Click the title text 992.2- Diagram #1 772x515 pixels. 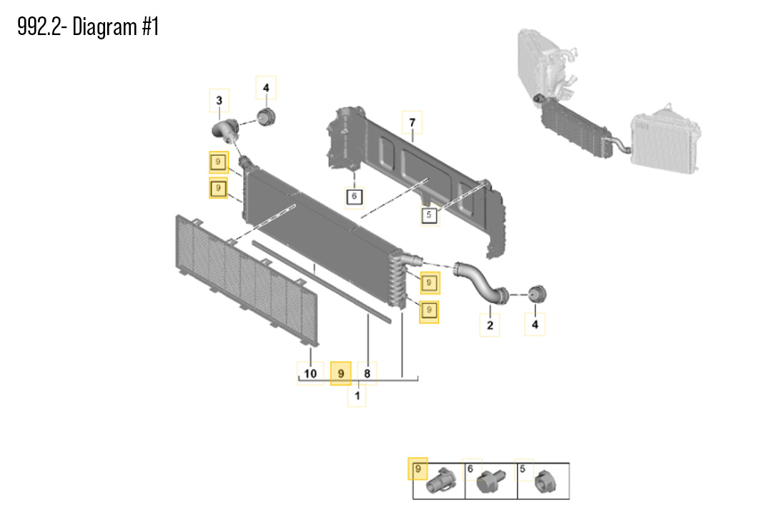click(x=88, y=27)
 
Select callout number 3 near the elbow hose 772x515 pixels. click(x=219, y=101)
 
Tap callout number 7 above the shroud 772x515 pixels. click(x=412, y=124)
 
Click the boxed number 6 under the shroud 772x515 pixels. click(x=355, y=196)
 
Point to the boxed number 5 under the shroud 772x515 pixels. click(x=429, y=214)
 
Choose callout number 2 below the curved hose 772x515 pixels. click(x=490, y=326)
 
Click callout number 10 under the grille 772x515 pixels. click(x=310, y=373)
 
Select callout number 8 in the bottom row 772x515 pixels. click(x=367, y=373)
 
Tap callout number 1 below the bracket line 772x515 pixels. click(x=357, y=394)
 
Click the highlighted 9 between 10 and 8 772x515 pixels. click(x=341, y=373)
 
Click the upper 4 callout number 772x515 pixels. click(x=265, y=89)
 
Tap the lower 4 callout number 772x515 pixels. click(x=535, y=326)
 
